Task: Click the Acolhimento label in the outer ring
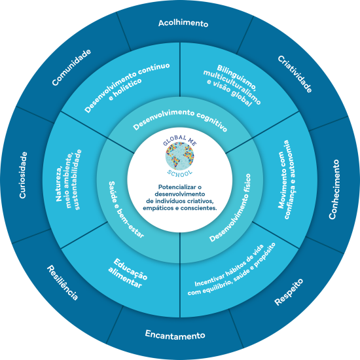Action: click(x=183, y=23)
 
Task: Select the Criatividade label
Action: click(x=295, y=74)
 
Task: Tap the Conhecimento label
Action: click(x=334, y=189)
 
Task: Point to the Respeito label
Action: click(x=289, y=292)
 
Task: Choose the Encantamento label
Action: click(x=175, y=335)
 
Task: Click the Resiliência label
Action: click(x=62, y=283)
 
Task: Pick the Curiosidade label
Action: click(x=23, y=175)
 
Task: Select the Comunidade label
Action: click(x=71, y=67)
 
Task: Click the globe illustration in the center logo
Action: click(x=180, y=156)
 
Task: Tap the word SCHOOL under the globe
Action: click(x=180, y=173)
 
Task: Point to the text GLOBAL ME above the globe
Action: click(x=180, y=140)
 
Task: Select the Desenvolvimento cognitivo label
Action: click(x=180, y=119)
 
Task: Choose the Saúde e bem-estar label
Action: click(x=126, y=209)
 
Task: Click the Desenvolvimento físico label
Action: click(x=230, y=207)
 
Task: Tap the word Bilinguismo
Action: click(x=236, y=77)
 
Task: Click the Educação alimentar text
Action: click(x=128, y=273)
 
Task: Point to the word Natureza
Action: click(x=59, y=185)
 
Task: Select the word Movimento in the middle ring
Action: click(x=281, y=180)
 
